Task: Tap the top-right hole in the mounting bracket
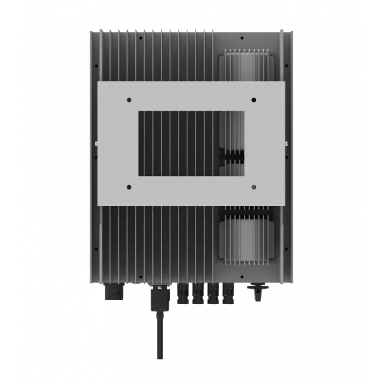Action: [x=254, y=100]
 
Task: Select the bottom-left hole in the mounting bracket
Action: [x=129, y=187]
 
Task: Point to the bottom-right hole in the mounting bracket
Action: [x=254, y=187]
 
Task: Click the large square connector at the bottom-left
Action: [x=114, y=291]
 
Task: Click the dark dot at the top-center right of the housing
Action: [x=242, y=38]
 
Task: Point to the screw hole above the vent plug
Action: [x=242, y=277]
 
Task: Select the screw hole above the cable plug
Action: [x=140, y=277]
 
